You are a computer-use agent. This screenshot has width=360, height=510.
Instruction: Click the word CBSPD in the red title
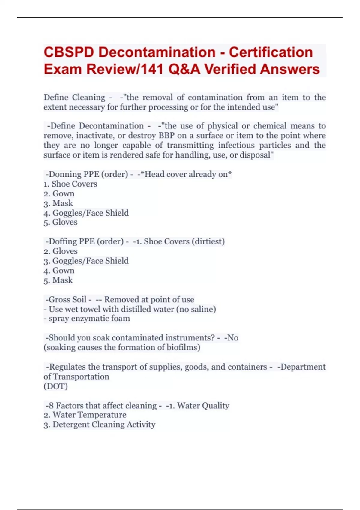pyautogui.click(x=69, y=52)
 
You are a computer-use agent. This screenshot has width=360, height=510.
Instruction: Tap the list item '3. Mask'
pyautogui.click(x=58, y=203)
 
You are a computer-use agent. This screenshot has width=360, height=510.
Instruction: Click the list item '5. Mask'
pyautogui.click(x=58, y=280)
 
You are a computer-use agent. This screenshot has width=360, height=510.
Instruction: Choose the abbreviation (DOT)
pyautogui.click(x=56, y=386)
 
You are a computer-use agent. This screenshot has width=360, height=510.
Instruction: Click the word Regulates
pyautogui.click(x=67, y=367)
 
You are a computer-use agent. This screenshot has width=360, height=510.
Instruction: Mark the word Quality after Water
pyautogui.click(x=216, y=406)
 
